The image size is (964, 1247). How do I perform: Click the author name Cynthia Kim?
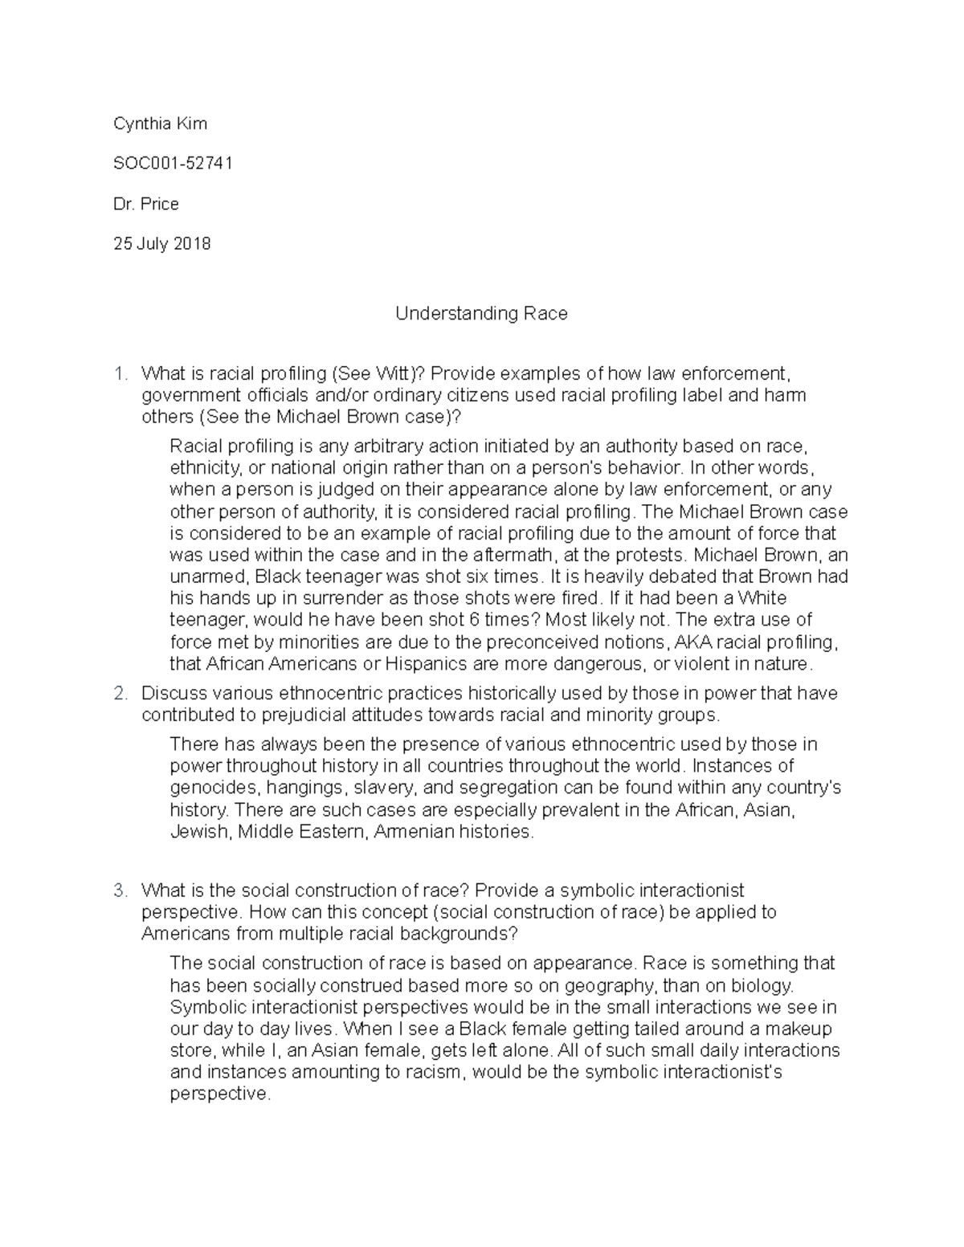[x=160, y=124]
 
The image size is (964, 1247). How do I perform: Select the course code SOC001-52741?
[x=173, y=164]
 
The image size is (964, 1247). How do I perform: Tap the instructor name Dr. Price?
[x=146, y=204]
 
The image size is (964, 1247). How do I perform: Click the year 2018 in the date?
[x=190, y=244]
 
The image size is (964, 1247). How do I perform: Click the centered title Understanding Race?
[x=481, y=313]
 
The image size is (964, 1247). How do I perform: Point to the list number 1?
[x=120, y=373]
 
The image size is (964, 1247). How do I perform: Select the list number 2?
[x=120, y=693]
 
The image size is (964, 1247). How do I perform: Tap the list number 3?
[x=120, y=890]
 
